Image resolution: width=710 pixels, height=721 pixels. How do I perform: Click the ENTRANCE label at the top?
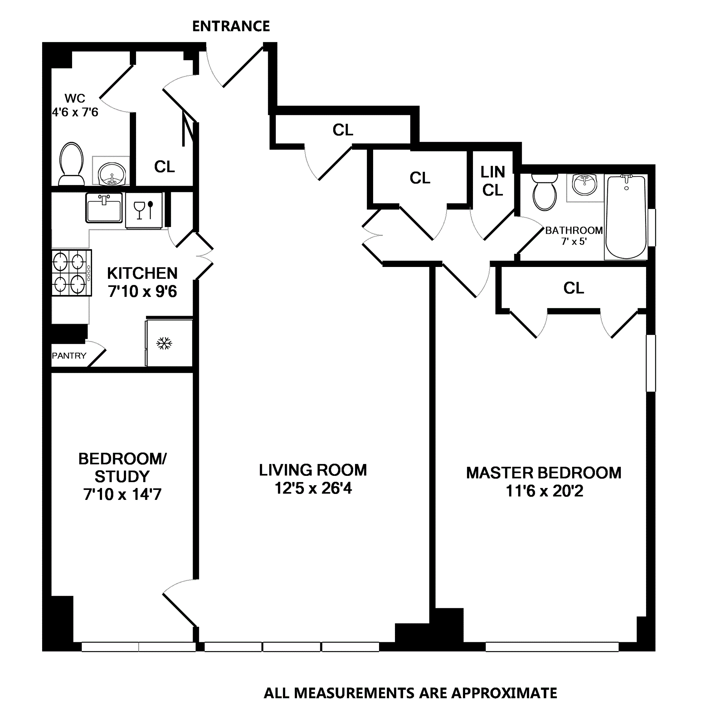(231, 26)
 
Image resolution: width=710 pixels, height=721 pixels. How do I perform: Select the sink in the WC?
(112, 174)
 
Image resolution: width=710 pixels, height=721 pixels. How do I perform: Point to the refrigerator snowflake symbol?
(164, 343)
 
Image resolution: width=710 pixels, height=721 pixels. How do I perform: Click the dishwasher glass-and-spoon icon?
(143, 210)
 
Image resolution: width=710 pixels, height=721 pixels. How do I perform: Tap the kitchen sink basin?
(104, 208)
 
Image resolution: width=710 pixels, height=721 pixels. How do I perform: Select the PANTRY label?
(69, 356)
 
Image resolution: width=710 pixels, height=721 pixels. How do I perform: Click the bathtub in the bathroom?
(626, 217)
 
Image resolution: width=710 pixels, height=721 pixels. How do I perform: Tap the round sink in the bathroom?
(584, 184)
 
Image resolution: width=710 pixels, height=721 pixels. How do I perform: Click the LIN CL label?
(493, 181)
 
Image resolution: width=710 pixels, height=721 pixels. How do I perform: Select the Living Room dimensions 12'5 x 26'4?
(313, 488)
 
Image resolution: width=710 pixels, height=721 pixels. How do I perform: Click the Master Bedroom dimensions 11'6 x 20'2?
(544, 491)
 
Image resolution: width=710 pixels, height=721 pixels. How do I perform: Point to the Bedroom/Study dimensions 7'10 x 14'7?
(122, 494)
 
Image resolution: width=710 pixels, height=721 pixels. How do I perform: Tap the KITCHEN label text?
(142, 273)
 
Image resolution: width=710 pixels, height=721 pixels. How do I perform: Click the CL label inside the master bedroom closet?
(574, 288)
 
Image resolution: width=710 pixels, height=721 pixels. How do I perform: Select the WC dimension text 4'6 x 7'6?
(75, 112)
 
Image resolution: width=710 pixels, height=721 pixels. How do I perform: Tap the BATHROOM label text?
(574, 230)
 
